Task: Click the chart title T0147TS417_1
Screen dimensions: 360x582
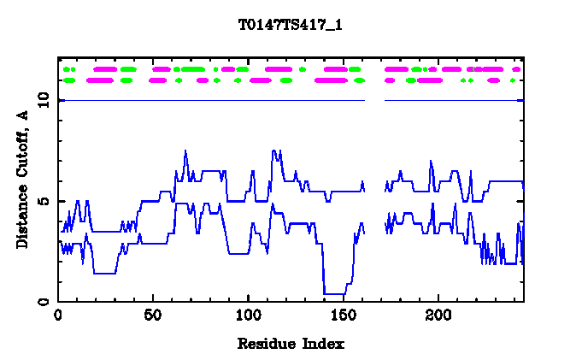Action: pos(291,25)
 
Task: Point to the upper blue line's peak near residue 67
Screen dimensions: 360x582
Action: pos(185,151)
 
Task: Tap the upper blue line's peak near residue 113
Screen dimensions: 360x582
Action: pos(273,151)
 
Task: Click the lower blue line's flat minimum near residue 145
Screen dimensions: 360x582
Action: pos(334,294)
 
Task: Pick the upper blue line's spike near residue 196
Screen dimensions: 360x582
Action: pos(431,161)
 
